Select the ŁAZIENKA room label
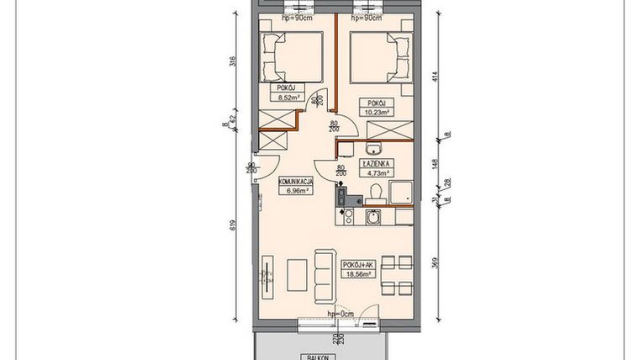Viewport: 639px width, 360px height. [x=376, y=164]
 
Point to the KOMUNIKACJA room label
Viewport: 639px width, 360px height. [x=295, y=182]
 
